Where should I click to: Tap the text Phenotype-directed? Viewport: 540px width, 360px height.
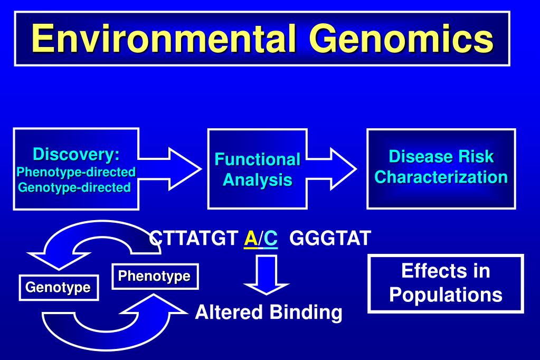click(76, 172)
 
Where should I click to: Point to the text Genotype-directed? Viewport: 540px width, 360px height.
click(74, 187)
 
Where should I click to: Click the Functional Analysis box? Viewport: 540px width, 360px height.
click(257, 169)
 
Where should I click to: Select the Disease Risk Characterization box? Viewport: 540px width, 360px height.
click(441, 167)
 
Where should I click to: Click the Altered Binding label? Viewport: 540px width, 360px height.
click(268, 312)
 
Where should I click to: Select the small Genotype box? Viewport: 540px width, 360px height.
click(59, 288)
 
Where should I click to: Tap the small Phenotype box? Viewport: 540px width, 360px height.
click(155, 277)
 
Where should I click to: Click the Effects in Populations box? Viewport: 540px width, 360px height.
click(446, 283)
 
